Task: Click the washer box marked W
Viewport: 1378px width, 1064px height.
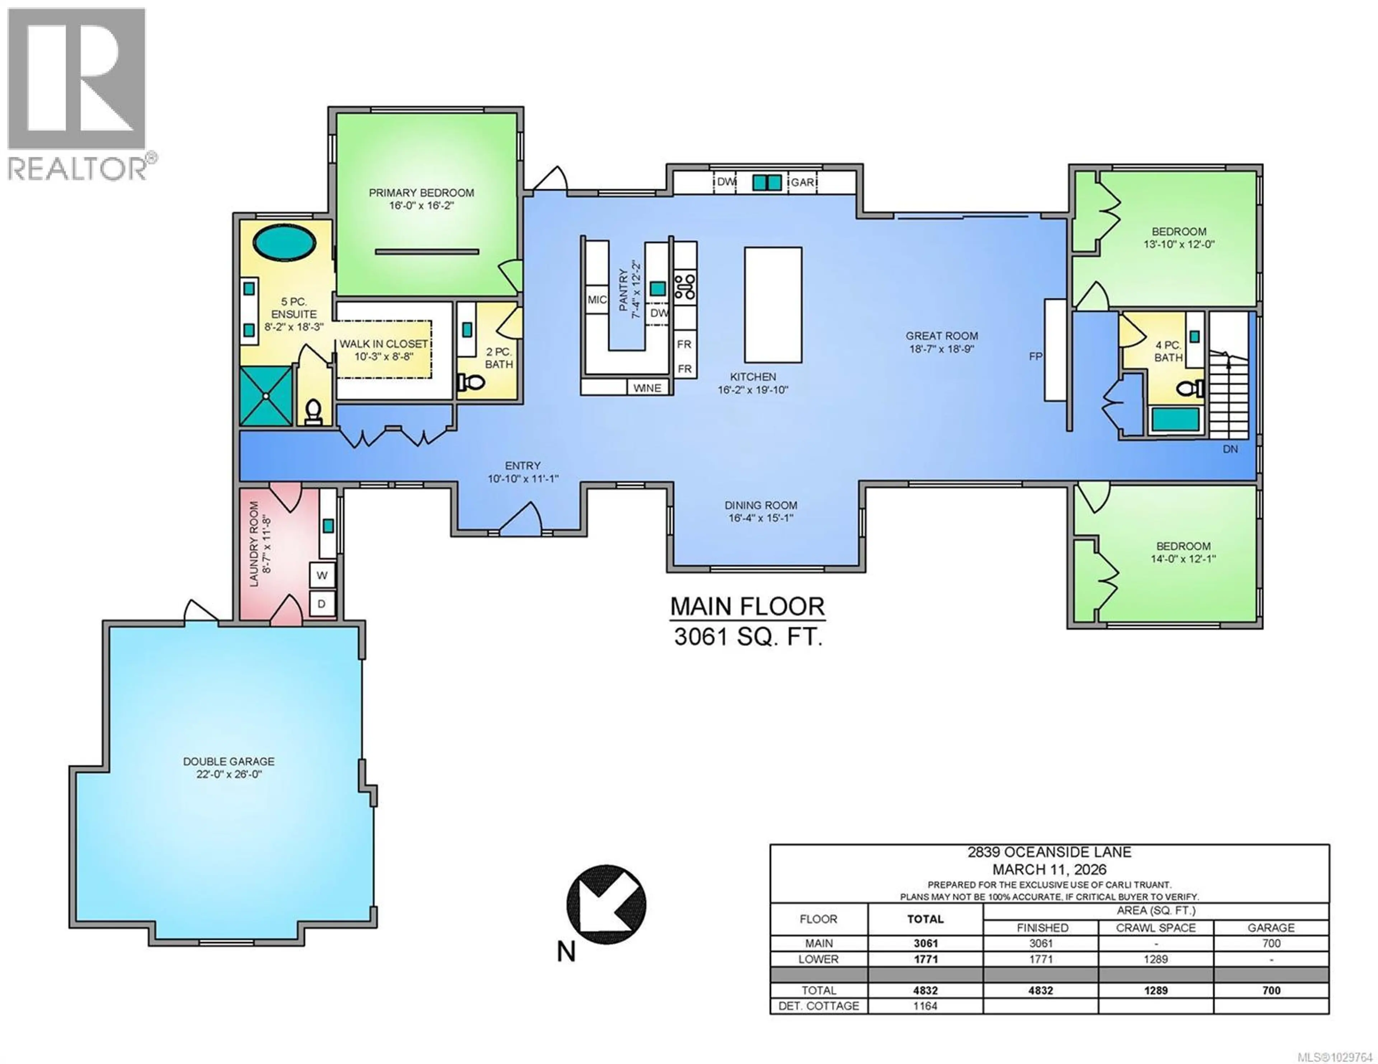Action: tap(322, 575)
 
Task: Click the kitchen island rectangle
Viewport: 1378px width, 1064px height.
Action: tap(773, 305)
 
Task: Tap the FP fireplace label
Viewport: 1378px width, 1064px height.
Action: tap(1035, 356)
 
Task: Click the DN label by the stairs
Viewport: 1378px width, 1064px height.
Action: tap(1230, 449)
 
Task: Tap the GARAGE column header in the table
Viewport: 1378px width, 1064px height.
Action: tap(1271, 928)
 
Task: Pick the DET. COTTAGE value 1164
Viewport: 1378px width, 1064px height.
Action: tap(925, 1006)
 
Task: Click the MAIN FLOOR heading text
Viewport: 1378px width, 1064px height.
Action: tap(747, 607)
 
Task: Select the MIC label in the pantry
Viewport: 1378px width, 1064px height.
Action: tap(597, 300)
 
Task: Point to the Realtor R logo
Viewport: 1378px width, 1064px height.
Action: tap(77, 79)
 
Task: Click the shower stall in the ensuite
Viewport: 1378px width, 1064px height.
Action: tap(266, 396)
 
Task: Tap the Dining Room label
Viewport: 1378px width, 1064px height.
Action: tap(760, 505)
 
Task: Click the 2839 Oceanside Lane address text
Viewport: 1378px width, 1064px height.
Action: tap(1049, 853)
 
